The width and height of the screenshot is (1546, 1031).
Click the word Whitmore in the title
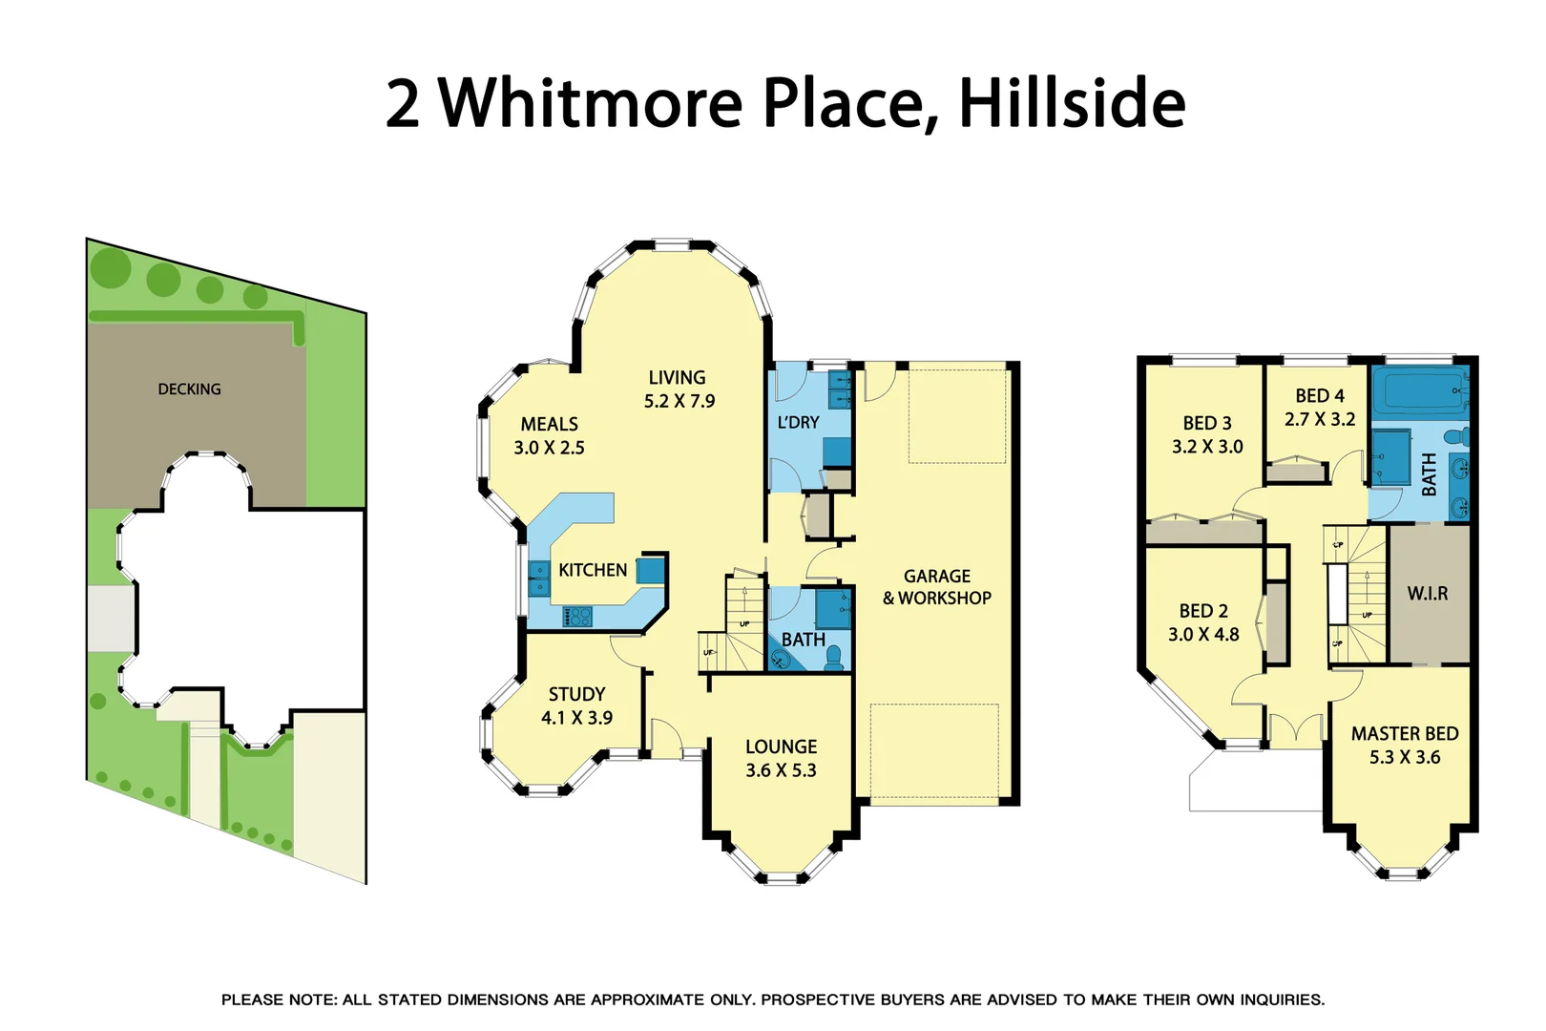click(x=590, y=103)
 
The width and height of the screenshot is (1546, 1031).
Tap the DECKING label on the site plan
click(x=189, y=389)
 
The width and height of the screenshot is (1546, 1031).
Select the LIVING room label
click(x=677, y=378)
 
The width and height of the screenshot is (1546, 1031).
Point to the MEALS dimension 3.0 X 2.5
click(x=549, y=448)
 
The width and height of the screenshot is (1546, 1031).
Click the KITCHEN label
click(x=593, y=570)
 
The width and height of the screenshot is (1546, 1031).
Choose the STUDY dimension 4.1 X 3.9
click(x=576, y=718)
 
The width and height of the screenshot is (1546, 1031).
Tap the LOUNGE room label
click(x=781, y=747)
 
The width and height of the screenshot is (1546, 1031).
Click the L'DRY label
click(x=798, y=422)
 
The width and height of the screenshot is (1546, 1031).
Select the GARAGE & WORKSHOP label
click(x=937, y=587)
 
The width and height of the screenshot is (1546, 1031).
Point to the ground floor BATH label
click(x=803, y=640)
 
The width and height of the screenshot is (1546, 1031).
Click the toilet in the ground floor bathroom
click(x=833, y=657)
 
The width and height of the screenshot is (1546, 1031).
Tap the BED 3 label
click(x=1207, y=423)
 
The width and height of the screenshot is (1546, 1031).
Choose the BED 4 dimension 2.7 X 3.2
click(x=1320, y=419)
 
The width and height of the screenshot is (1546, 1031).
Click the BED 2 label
click(x=1203, y=611)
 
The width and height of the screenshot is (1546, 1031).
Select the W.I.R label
click(x=1428, y=594)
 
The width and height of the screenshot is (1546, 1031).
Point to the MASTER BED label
click(x=1405, y=733)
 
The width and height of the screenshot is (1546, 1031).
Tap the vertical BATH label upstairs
click(x=1429, y=474)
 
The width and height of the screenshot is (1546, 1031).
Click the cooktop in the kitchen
click(x=577, y=618)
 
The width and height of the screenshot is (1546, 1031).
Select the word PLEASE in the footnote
click(x=252, y=999)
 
